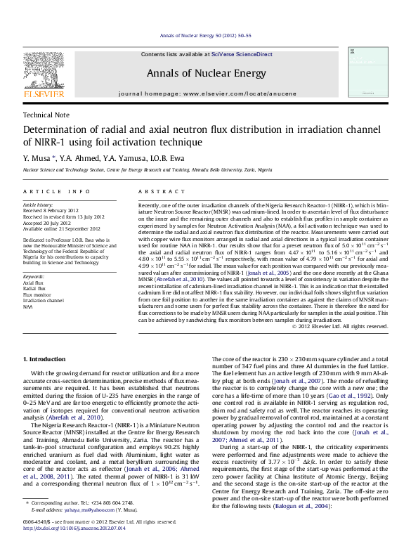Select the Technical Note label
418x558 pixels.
coord(46,115)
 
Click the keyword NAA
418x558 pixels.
coord(28,306)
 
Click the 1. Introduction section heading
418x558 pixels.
coord(44,359)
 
